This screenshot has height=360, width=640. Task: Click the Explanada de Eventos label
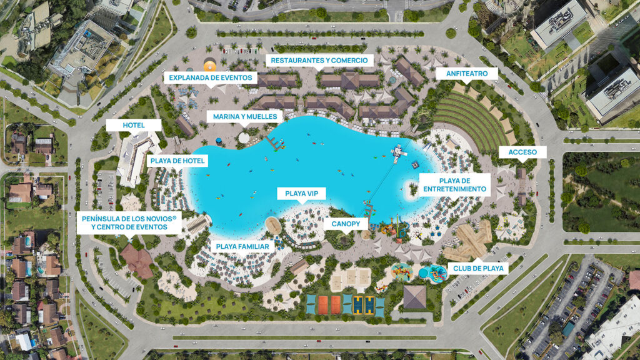coord(211,78)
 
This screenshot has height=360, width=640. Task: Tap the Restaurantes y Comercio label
coord(319,61)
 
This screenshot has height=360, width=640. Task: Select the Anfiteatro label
coord(471,73)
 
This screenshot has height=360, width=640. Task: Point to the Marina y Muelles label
coord(244,116)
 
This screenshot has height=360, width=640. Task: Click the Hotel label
coord(134,125)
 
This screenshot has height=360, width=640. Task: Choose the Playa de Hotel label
coord(177,161)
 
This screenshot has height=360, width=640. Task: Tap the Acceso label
coord(518,152)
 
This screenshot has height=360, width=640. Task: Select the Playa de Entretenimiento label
coord(454,184)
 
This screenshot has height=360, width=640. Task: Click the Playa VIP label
coord(302,194)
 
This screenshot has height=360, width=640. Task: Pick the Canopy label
coord(346,223)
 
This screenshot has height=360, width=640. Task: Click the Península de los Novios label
coord(129,223)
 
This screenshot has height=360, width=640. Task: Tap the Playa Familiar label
coord(242,246)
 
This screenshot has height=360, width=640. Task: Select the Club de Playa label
coord(476,269)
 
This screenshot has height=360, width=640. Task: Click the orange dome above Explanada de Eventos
coord(210,65)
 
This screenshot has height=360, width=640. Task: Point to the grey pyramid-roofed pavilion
coord(414,296)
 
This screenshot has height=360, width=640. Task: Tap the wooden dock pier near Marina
coord(272,142)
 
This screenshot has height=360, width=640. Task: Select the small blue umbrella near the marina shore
coord(219,142)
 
